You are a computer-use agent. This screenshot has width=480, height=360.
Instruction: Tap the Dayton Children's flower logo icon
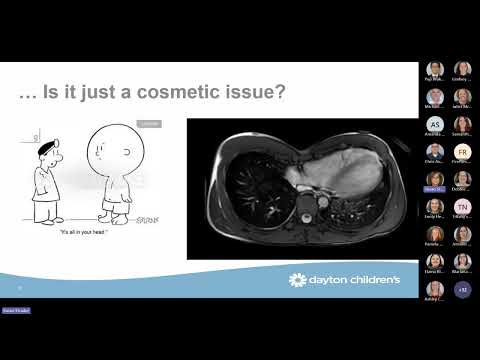[x=297, y=280]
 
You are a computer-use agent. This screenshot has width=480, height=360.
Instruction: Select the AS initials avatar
[x=434, y=124]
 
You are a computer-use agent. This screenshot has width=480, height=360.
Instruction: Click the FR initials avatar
[x=462, y=151]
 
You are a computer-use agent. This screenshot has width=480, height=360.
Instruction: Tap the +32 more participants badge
[x=462, y=289]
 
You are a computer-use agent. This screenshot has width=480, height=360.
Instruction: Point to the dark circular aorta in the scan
[x=322, y=203]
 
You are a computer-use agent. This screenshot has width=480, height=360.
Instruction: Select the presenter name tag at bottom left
[x=15, y=311]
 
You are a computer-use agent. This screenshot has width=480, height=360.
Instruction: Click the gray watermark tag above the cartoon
[x=148, y=124]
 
